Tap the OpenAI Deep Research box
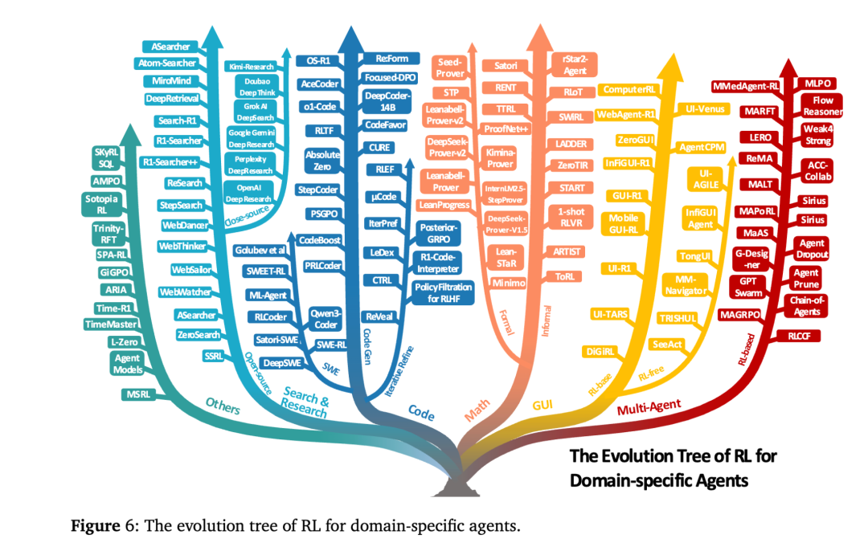point(249,194)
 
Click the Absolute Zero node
point(322,161)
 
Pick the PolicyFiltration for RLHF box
point(444,292)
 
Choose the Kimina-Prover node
point(501,157)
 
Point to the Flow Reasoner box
point(817,106)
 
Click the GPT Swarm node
point(747,287)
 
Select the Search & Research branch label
point(306,403)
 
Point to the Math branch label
point(477,414)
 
